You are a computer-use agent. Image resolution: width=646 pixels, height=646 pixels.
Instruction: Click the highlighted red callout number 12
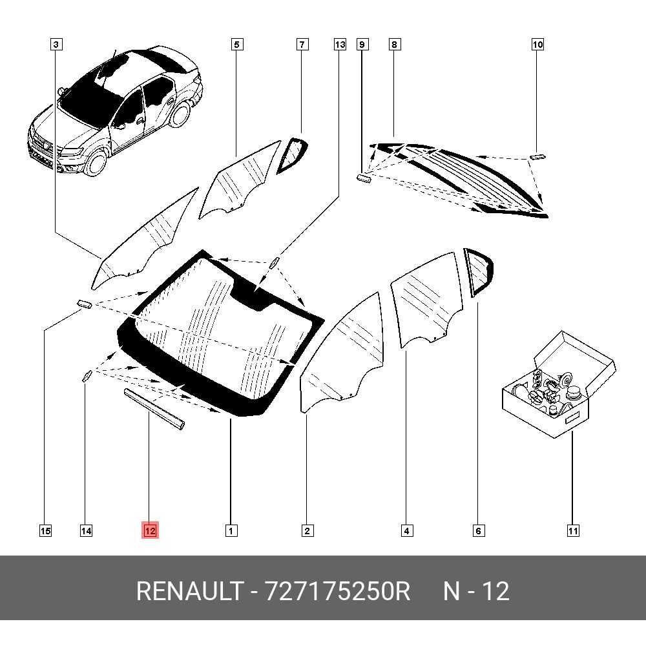tap(150, 531)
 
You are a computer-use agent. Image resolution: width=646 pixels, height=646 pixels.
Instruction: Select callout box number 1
tap(231, 531)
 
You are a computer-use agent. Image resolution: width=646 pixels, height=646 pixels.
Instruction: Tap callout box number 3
tap(56, 45)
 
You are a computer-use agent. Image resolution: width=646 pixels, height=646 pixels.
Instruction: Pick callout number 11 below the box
tap(572, 531)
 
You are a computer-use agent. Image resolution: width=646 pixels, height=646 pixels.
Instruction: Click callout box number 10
tap(537, 45)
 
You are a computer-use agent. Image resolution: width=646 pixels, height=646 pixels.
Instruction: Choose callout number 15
tap(45, 531)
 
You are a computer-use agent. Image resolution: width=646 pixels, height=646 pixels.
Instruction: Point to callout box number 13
tap(340, 45)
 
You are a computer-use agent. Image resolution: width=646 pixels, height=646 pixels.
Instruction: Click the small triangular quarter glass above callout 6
tap(478, 272)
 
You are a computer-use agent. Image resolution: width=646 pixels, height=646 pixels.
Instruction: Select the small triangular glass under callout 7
tap(293, 154)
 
